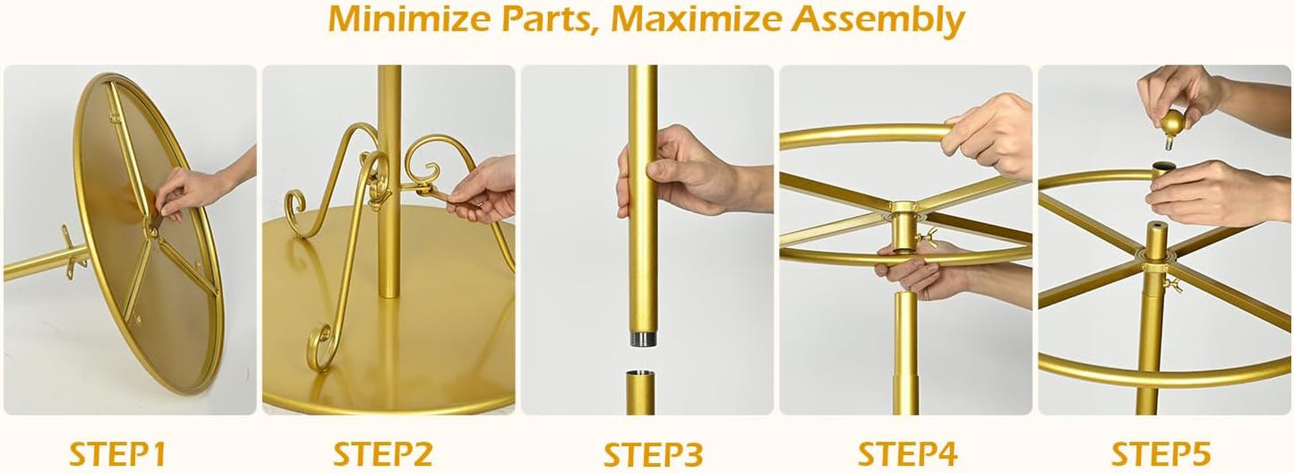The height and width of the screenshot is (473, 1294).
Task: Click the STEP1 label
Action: click(117, 452)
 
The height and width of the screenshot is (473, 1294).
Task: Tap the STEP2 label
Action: click(383, 452)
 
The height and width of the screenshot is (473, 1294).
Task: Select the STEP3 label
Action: click(652, 452)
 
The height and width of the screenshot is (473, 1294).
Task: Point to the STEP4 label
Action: click(908, 452)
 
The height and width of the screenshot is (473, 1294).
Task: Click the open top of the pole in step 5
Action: click(1163, 166)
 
